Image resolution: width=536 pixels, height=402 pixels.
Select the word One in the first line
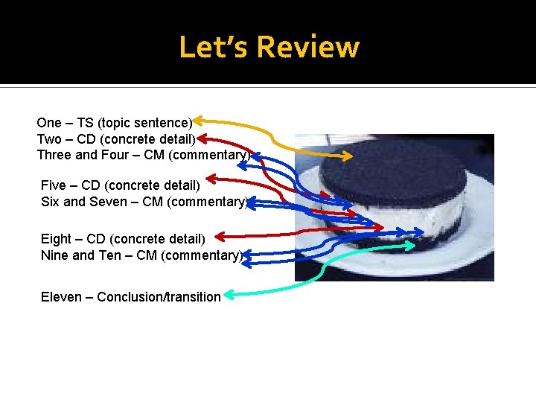pos(49,123)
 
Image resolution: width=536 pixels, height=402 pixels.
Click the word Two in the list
pos(49,139)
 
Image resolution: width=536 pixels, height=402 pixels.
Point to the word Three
pos(54,155)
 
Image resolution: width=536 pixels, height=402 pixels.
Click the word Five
pos(53,185)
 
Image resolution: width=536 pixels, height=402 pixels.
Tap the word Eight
pos(56,238)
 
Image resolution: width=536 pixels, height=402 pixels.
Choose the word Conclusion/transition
pos(159,297)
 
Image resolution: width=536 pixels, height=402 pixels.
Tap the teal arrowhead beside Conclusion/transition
pos(230,296)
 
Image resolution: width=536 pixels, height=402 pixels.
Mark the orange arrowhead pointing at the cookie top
pos(348,156)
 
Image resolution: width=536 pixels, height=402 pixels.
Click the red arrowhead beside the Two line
pos(203,138)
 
